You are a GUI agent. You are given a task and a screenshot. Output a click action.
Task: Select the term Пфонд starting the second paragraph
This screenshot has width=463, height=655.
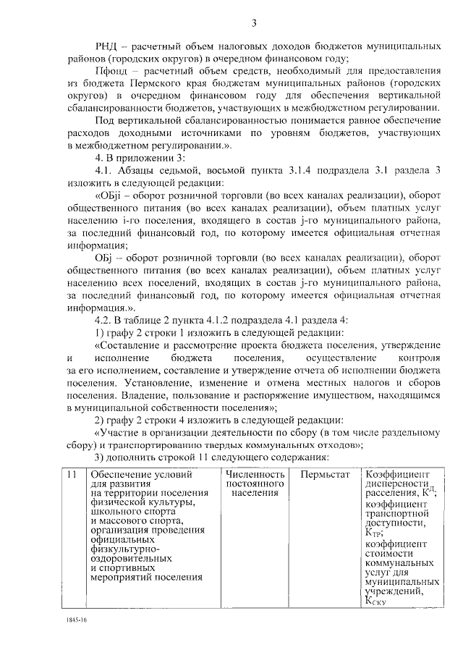pyautogui.click(x=111, y=71)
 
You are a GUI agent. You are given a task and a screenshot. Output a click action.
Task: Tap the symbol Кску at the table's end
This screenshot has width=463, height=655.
pyautogui.click(x=378, y=599)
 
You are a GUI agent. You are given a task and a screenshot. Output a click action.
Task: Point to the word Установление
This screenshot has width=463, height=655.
pyautogui.click(x=157, y=382)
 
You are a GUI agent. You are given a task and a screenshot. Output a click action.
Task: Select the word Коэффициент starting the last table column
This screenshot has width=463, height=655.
pyautogui.click(x=395, y=474)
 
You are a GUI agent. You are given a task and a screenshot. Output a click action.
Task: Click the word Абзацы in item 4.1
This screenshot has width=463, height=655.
pyautogui.click(x=140, y=171)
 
